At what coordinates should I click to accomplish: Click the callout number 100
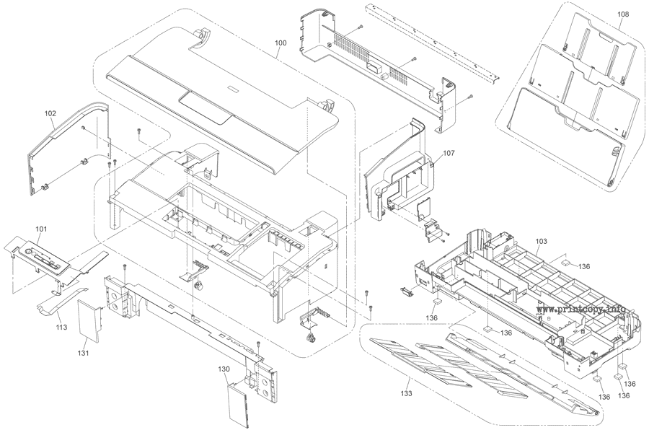pos(281,43)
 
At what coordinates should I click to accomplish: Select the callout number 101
pos(41,230)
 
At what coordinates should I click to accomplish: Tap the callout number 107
pos(449,153)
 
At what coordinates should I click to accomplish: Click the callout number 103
pos(542,240)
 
